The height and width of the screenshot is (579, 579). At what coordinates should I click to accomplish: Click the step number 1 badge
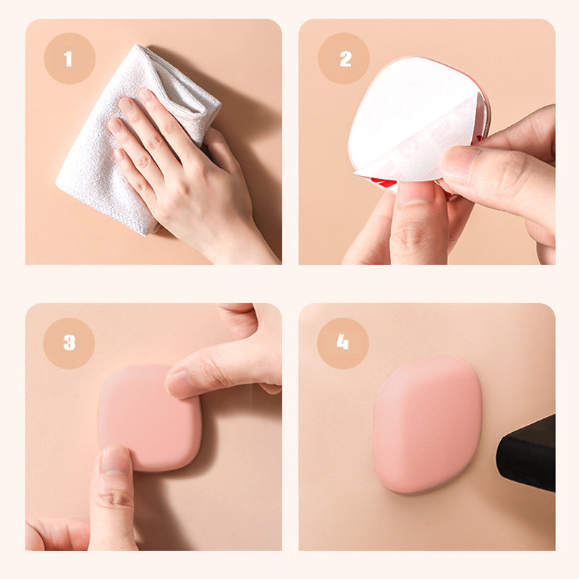(x=69, y=59)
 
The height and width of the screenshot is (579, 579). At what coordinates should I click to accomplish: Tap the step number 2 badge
(x=343, y=59)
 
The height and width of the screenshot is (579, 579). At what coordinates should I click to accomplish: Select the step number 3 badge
(x=69, y=343)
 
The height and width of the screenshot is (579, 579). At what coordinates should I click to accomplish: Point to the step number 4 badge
(x=343, y=343)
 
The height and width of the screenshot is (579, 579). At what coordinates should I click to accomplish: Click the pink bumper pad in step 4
(x=427, y=423)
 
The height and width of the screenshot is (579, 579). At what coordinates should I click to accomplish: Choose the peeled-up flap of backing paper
(x=420, y=156)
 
